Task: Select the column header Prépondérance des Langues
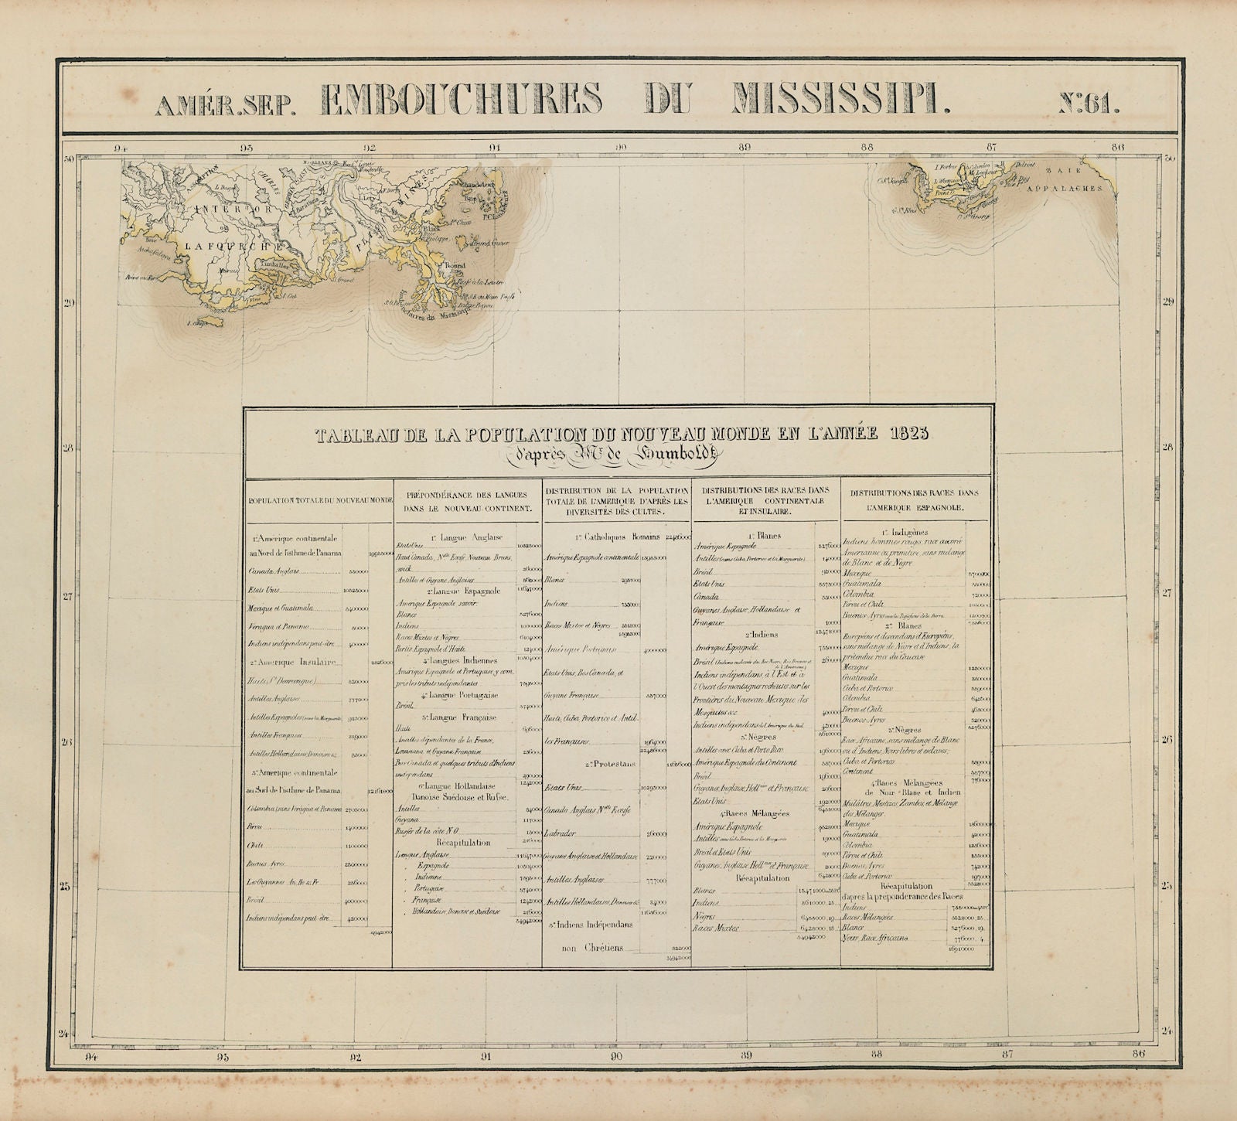click(x=466, y=501)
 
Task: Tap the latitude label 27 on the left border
click(x=68, y=595)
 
